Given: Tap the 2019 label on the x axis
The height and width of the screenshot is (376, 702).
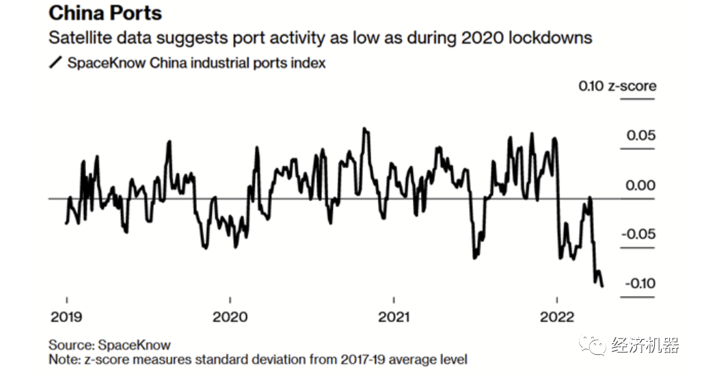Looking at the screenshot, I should coord(66,317).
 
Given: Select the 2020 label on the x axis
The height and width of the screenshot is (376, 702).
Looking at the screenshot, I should coord(230,317).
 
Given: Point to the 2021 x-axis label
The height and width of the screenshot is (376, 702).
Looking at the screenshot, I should coord(394,317).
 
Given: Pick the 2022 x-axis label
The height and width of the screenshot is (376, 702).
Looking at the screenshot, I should coord(557,317).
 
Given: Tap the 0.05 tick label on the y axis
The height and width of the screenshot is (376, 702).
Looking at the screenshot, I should coord(642,135).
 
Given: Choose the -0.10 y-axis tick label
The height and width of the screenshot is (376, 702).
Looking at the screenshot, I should coord(639,284).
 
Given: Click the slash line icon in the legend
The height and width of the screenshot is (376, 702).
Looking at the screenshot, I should coord(56,63).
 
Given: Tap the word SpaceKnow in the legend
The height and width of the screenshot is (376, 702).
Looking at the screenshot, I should coord(101,63).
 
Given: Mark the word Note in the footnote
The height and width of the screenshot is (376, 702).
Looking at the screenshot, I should coord(62,359).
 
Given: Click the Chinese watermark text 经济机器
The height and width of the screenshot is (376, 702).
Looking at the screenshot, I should coord(646,345).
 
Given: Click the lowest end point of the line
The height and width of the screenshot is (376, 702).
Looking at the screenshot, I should coord(602,286).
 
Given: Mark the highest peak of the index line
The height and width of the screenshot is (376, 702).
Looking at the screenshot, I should coord(365,128).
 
